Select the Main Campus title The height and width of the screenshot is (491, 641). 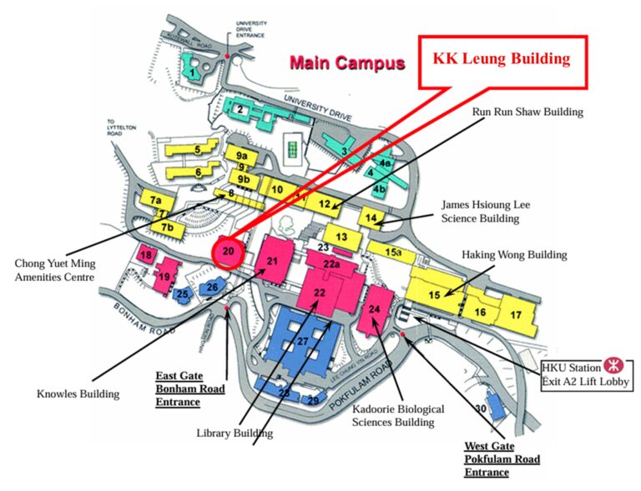(x=346, y=63)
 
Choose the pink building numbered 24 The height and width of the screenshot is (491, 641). (x=376, y=309)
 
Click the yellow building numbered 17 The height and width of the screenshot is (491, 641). (x=516, y=314)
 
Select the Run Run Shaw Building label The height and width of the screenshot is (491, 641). (x=527, y=112)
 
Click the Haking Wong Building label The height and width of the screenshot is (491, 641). (x=514, y=254)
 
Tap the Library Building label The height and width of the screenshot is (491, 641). (x=235, y=433)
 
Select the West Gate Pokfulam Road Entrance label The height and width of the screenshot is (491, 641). (x=502, y=459)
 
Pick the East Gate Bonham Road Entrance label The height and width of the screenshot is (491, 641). (x=178, y=389)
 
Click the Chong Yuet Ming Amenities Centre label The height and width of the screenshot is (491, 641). (x=53, y=270)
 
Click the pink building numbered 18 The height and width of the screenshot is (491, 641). (x=147, y=255)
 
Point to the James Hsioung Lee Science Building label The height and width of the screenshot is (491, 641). (x=485, y=211)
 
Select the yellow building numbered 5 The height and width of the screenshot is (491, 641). (x=197, y=150)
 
